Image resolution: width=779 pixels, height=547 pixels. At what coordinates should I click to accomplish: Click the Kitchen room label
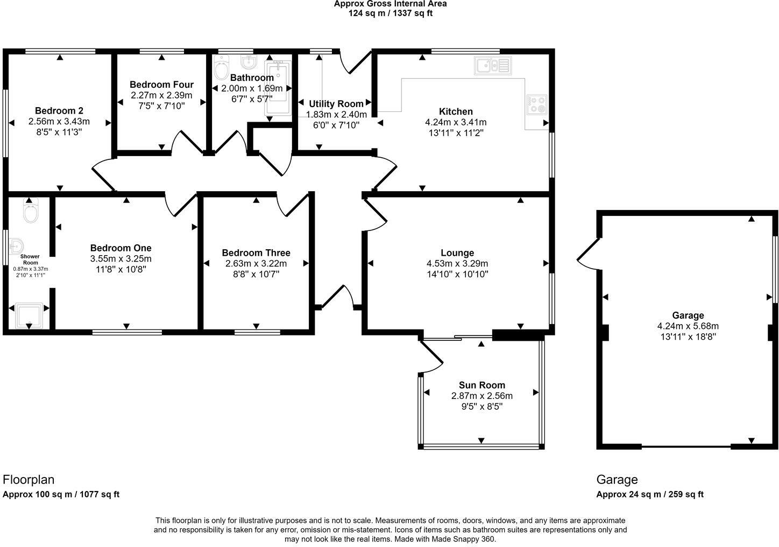click(456, 111)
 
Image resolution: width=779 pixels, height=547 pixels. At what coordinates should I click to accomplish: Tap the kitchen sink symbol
click(493, 66)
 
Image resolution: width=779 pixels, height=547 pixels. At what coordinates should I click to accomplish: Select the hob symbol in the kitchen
click(536, 104)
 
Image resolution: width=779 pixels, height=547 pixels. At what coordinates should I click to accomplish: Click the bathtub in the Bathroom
click(278, 88)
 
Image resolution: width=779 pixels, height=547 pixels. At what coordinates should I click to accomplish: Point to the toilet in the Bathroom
click(221, 67)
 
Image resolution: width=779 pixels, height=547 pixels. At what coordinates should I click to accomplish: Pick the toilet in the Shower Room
click(31, 211)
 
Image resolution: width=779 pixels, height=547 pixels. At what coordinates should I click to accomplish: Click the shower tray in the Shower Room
click(29, 315)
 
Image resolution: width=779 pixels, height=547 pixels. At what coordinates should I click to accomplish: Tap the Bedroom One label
click(121, 248)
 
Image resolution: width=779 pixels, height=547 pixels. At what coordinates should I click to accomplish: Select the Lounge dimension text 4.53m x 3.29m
click(457, 263)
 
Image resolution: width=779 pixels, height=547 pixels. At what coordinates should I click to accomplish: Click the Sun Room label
click(481, 385)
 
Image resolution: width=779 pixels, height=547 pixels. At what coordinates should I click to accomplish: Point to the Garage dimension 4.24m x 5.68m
click(688, 326)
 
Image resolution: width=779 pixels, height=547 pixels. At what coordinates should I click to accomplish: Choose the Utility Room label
click(336, 104)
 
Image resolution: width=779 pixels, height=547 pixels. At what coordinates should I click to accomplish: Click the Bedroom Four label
click(161, 84)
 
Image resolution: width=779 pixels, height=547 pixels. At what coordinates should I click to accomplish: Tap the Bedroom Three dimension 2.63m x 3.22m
click(256, 263)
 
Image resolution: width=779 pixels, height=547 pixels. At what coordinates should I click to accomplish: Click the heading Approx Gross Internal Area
click(390, 4)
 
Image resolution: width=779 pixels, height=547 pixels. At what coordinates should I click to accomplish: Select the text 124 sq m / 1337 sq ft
click(391, 13)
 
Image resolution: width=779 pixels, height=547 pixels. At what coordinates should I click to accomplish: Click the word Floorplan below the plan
click(29, 480)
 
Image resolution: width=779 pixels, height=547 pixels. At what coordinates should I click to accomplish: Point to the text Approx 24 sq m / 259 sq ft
click(650, 494)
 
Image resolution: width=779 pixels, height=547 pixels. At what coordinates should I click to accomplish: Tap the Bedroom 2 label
click(59, 111)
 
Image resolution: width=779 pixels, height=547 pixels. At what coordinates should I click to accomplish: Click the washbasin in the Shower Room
click(16, 247)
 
